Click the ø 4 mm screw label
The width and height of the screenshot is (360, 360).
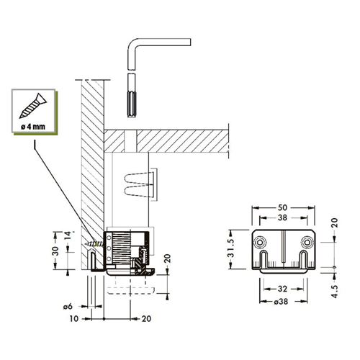pos(33,127)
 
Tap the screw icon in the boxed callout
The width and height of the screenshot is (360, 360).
pos(32,106)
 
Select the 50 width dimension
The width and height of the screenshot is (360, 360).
pos(282,207)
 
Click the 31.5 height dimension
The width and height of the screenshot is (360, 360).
pos(231,248)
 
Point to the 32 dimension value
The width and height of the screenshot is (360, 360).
pos(282,289)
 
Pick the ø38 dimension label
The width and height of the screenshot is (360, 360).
pos(281,302)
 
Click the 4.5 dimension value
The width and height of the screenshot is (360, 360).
pos(335,291)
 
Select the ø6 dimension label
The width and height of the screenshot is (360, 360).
pos(68,307)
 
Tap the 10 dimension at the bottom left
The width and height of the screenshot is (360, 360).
pos(74,319)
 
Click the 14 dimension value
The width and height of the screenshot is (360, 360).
pos(68,236)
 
